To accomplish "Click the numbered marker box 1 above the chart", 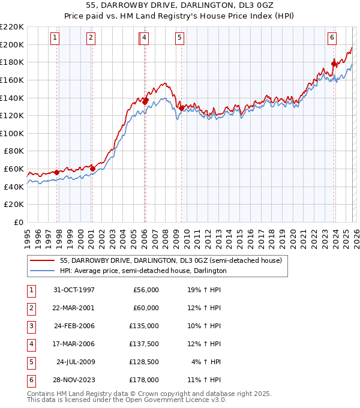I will click(55, 38).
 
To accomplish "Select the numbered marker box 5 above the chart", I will click(180, 38).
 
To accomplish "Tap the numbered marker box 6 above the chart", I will click(332, 38).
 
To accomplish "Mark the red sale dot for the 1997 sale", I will click(57, 172).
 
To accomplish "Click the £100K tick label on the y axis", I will click(12, 133).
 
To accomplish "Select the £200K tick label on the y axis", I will click(12, 44).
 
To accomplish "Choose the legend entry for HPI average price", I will click(143, 271).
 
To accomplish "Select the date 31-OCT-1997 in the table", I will click(74, 290).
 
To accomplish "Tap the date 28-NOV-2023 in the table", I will click(74, 380).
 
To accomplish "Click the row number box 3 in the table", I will click(31, 326).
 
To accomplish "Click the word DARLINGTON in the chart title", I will click(201, 5).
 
